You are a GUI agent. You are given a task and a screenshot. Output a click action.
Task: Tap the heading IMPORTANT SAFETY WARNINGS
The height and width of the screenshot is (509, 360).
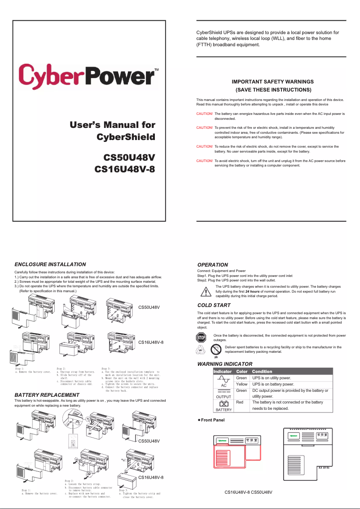(272, 82)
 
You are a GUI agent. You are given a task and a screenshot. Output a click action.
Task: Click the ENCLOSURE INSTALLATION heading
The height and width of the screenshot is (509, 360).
(50, 264)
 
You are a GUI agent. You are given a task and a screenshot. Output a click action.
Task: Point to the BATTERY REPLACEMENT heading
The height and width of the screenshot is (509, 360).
(47, 395)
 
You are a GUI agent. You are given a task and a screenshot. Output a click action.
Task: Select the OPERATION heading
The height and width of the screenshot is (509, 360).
(213, 265)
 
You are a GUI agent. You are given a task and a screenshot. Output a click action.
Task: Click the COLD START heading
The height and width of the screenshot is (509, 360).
(214, 306)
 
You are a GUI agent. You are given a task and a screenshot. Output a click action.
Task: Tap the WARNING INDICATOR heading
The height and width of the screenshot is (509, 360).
(225, 364)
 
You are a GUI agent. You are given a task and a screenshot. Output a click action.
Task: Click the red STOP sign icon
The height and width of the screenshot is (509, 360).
(202, 338)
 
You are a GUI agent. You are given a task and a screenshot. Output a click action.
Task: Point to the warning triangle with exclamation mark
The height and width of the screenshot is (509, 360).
(206, 291)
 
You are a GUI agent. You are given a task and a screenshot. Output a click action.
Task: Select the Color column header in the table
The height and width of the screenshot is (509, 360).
(242, 372)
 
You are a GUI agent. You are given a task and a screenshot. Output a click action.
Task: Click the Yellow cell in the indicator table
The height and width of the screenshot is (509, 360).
(241, 384)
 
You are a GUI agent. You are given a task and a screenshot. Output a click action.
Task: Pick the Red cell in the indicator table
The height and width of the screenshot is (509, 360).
(240, 402)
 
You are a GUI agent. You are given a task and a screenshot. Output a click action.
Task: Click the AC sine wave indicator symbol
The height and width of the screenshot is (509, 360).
(224, 380)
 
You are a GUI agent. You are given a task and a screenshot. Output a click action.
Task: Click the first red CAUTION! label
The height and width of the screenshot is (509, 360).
(204, 114)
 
